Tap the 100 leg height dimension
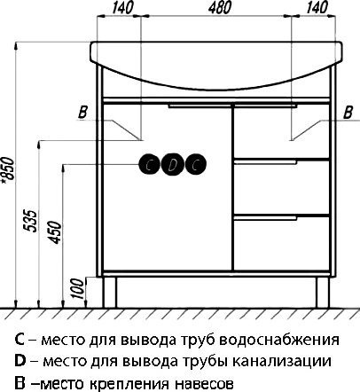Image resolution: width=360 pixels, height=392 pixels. click(x=75, y=286)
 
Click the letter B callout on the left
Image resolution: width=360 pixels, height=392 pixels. click(x=82, y=111)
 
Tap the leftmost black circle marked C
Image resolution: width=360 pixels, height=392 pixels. click(x=150, y=163)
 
